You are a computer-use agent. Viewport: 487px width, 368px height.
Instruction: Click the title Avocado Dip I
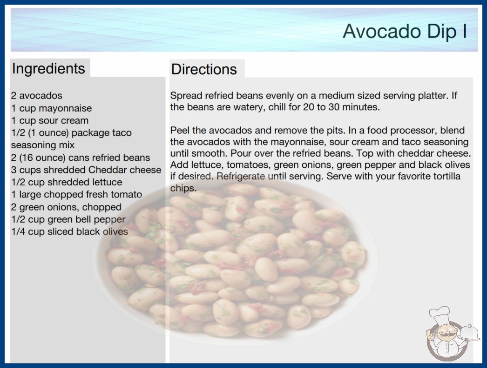[405, 31]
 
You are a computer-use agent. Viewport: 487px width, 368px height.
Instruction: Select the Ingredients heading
[48, 68]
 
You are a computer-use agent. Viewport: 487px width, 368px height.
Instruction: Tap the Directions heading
[204, 69]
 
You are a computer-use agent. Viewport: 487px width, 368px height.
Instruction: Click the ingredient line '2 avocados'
[37, 96]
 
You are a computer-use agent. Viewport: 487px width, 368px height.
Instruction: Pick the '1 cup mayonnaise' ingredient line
[52, 108]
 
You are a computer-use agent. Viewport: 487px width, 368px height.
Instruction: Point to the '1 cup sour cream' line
[50, 120]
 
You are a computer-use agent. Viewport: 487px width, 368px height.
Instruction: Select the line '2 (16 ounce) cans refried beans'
[81, 158]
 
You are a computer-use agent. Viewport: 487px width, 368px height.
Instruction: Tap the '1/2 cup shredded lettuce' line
[67, 182]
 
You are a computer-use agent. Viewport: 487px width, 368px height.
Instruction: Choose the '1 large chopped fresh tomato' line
[77, 194]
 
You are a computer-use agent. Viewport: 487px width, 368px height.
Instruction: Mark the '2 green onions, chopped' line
[66, 207]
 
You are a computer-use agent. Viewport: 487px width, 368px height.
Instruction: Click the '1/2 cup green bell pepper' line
[68, 219]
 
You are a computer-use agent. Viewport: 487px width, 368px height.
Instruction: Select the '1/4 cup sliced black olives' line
[69, 231]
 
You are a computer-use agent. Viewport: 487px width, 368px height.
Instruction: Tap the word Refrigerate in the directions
[241, 177]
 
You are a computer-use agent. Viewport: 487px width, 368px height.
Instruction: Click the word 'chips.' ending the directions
[183, 188]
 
